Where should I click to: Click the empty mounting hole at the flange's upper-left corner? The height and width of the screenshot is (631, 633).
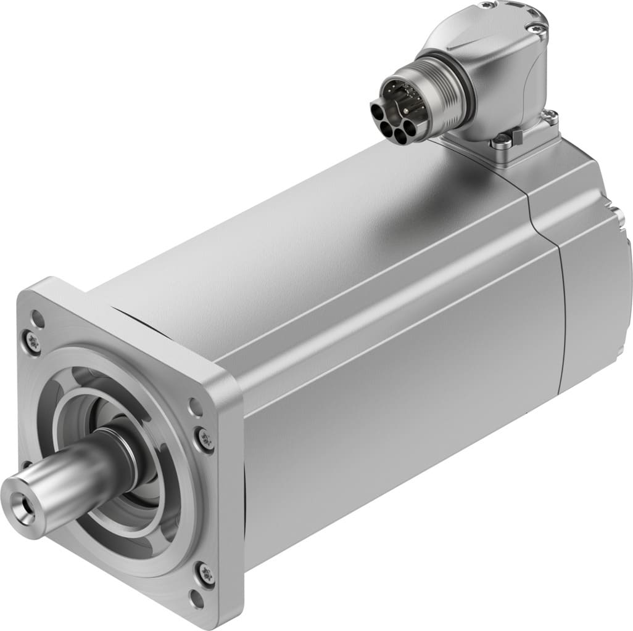[38, 320]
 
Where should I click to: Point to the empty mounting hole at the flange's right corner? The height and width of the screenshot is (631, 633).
[196, 407]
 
